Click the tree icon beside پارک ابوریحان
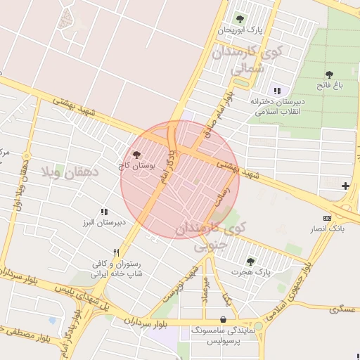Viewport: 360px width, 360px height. pyautogui.click(x=240, y=19)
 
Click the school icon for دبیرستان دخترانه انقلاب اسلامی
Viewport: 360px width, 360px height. pyautogui.click(x=276, y=91)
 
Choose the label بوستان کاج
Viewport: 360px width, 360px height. pyautogui.click(x=136, y=166)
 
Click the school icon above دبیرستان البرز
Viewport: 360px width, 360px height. pyautogui.click(x=104, y=211)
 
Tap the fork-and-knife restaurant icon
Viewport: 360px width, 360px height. pyautogui.click(x=116, y=252)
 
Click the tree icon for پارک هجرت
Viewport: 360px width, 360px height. pyautogui.click(x=250, y=261)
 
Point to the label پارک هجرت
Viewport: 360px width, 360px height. pyautogui.click(x=253, y=271)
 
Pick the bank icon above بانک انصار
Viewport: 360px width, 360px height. pyautogui.click(x=326, y=219)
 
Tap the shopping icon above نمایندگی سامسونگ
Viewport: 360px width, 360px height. pyautogui.click(x=223, y=319)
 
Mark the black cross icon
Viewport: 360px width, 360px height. pyautogui.click(x=345, y=186)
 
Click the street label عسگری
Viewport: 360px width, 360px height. pyautogui.click(x=342, y=308)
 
